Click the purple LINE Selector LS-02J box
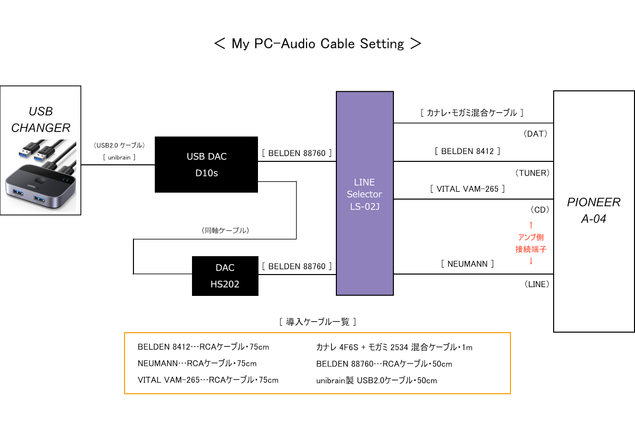[x=365, y=194]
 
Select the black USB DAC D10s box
[x=206, y=164]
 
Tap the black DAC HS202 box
[x=225, y=276]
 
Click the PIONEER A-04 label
[x=594, y=211]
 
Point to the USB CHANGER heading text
[x=41, y=120]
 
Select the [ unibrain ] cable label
[x=119, y=157]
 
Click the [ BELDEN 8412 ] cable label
[x=467, y=151]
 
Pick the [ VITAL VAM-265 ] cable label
[x=467, y=189]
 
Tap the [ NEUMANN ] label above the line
[x=467, y=264]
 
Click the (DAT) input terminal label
[x=536, y=134]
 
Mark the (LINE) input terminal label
[x=536, y=284]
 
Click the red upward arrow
[x=531, y=224]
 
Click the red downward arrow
[x=531, y=261]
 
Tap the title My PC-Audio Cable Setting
[x=317, y=44]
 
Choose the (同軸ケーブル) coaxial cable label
[x=225, y=231]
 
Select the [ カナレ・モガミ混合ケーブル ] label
[x=472, y=113]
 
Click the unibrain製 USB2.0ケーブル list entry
[x=377, y=381]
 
